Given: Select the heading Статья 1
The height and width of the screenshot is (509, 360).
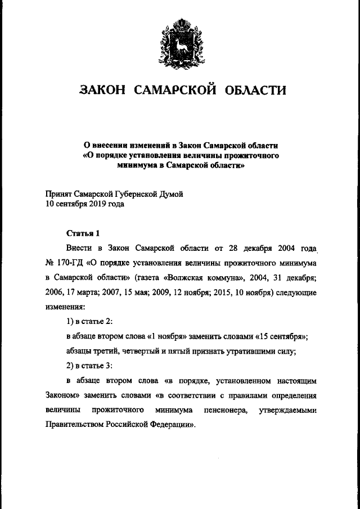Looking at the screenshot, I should pos(83,232).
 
